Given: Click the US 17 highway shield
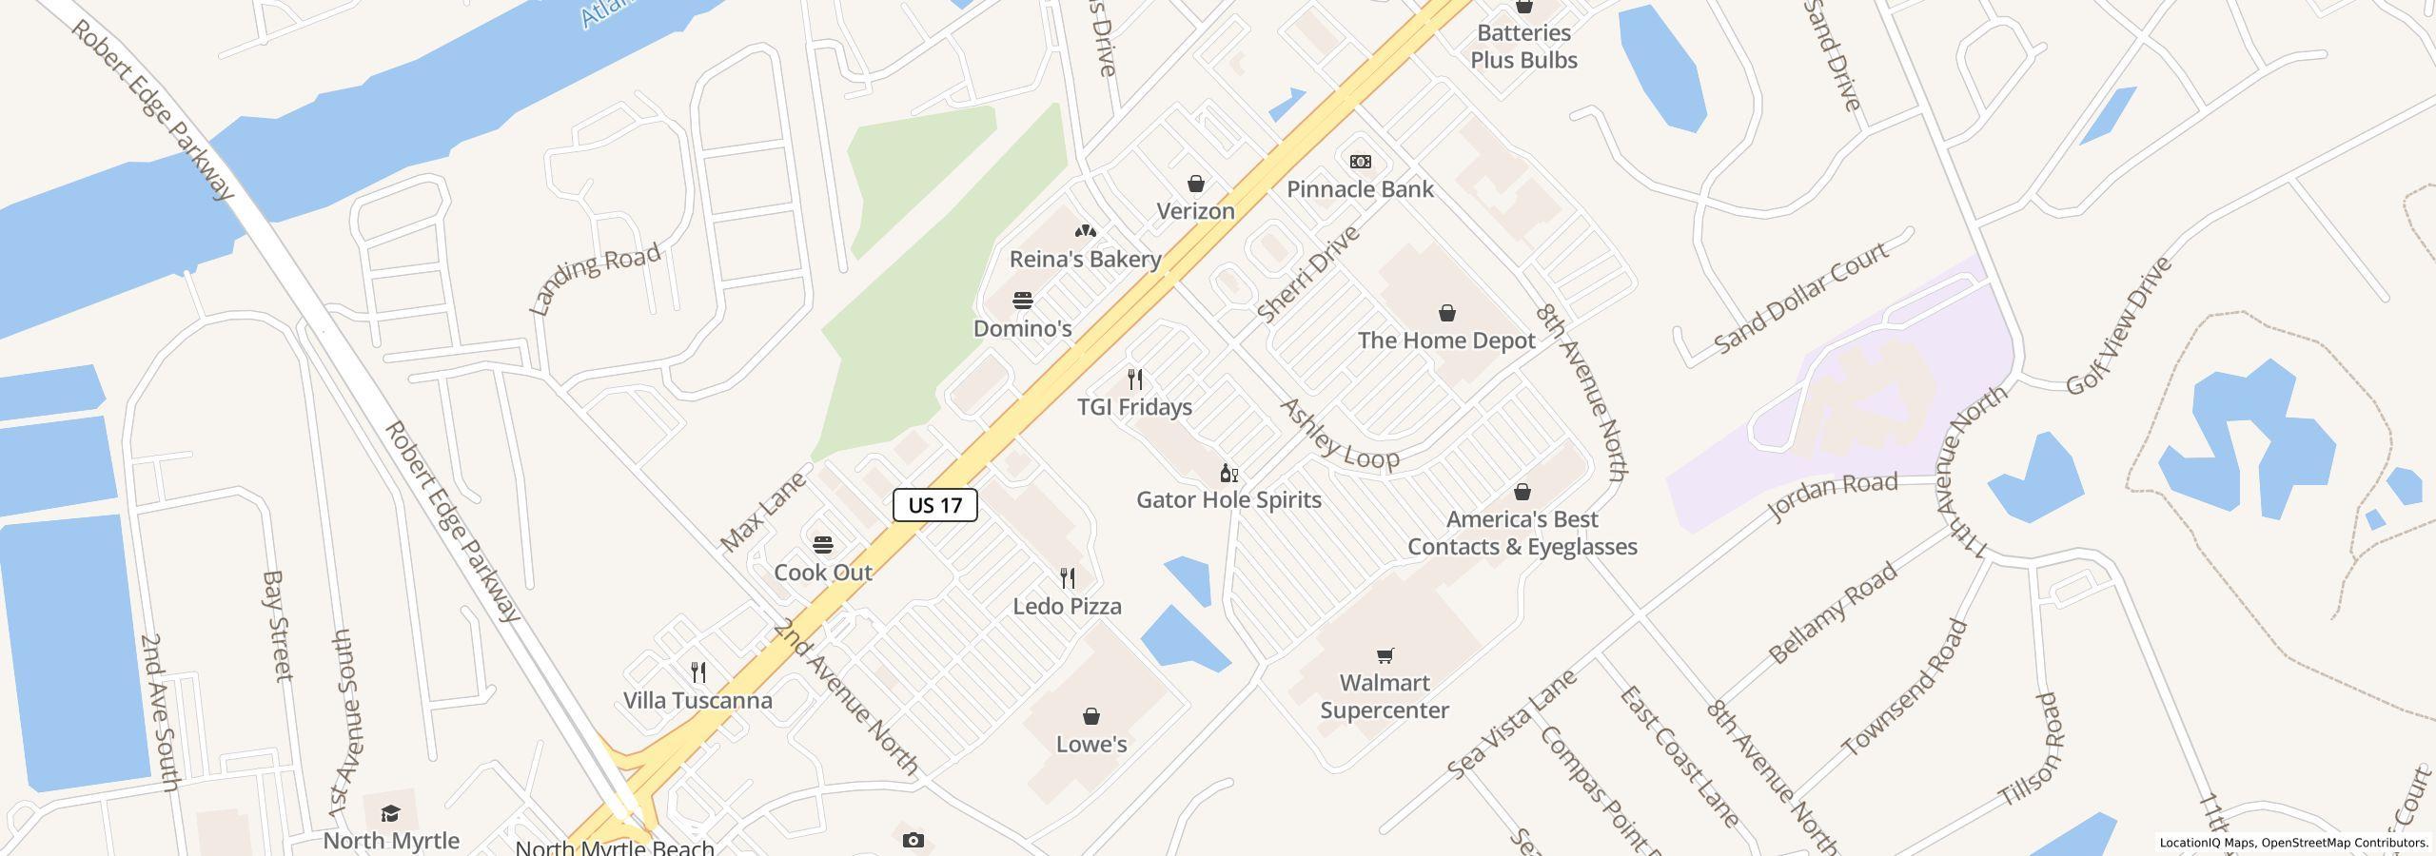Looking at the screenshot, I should (x=934, y=505).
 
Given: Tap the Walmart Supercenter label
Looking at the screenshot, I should (x=1385, y=696).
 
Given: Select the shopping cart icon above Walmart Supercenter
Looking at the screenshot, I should (x=1385, y=654).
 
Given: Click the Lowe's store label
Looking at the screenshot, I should (x=1091, y=744).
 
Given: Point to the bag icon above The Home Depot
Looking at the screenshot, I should (x=1446, y=313).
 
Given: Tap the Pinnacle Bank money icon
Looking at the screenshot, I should (x=1361, y=162).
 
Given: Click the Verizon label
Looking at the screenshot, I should (x=1195, y=211).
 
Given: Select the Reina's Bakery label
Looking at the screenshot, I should (x=1085, y=259).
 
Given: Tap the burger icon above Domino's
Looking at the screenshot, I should (x=1023, y=301).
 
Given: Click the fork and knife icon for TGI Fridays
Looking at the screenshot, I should (x=1134, y=379).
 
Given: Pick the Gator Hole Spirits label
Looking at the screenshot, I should (x=1228, y=499).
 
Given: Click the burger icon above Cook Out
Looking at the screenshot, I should (x=823, y=545).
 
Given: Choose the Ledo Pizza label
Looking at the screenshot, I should (x=1067, y=606).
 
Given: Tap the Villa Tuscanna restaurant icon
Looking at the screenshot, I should (x=698, y=672).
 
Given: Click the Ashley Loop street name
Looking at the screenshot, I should (x=1340, y=435).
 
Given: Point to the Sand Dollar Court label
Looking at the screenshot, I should (x=1800, y=299).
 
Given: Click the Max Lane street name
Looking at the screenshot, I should (x=763, y=511).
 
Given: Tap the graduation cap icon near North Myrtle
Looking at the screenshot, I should (x=390, y=813).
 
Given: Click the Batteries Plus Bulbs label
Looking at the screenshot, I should (x=1523, y=47).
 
